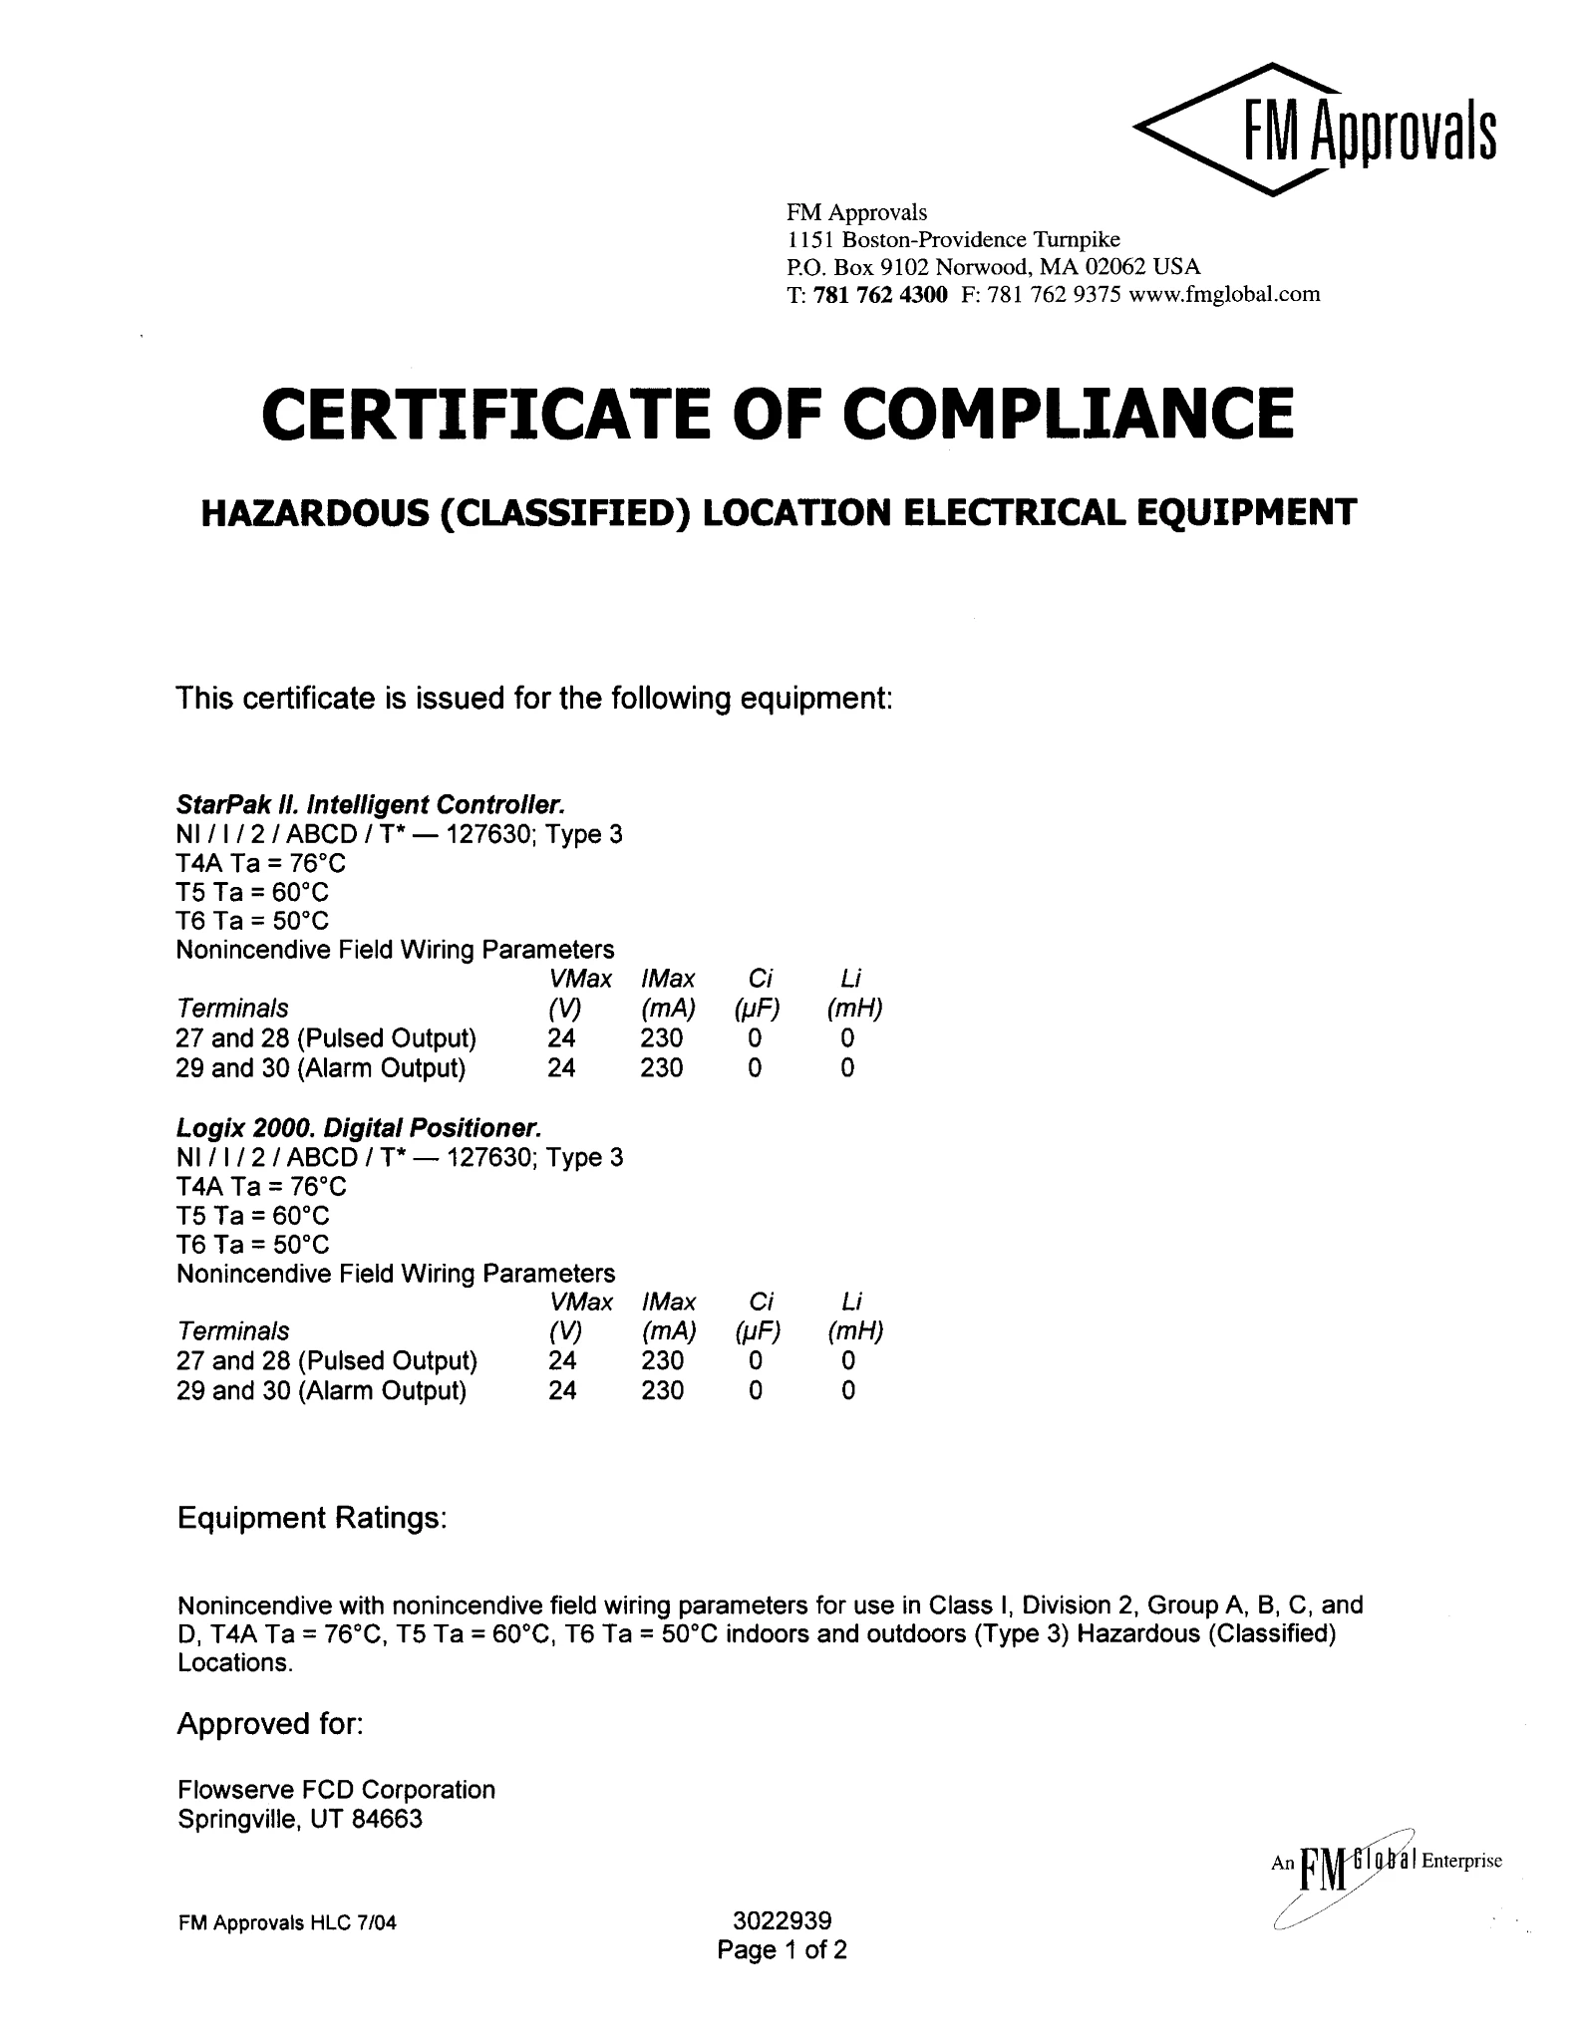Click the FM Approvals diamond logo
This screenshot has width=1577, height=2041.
click(x=1315, y=129)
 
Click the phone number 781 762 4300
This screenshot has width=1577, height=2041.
click(x=880, y=294)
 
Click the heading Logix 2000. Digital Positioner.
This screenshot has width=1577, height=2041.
click(x=359, y=1128)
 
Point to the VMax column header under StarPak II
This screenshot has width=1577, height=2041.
click(x=580, y=979)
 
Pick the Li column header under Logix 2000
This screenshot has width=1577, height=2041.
click(x=851, y=1302)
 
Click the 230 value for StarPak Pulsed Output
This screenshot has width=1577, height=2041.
click(x=662, y=1038)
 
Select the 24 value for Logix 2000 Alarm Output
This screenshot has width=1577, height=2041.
click(x=562, y=1390)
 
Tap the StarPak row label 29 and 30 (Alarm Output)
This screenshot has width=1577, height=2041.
click(x=321, y=1068)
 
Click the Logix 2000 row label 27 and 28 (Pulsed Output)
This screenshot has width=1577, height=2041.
click(x=327, y=1361)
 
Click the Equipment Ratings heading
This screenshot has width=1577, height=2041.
click(x=312, y=1519)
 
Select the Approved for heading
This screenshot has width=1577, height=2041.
click(x=270, y=1723)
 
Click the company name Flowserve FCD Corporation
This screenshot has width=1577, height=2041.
click(x=336, y=1790)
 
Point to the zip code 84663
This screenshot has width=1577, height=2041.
click(x=388, y=1819)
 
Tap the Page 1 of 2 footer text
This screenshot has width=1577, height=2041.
click(x=782, y=1949)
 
